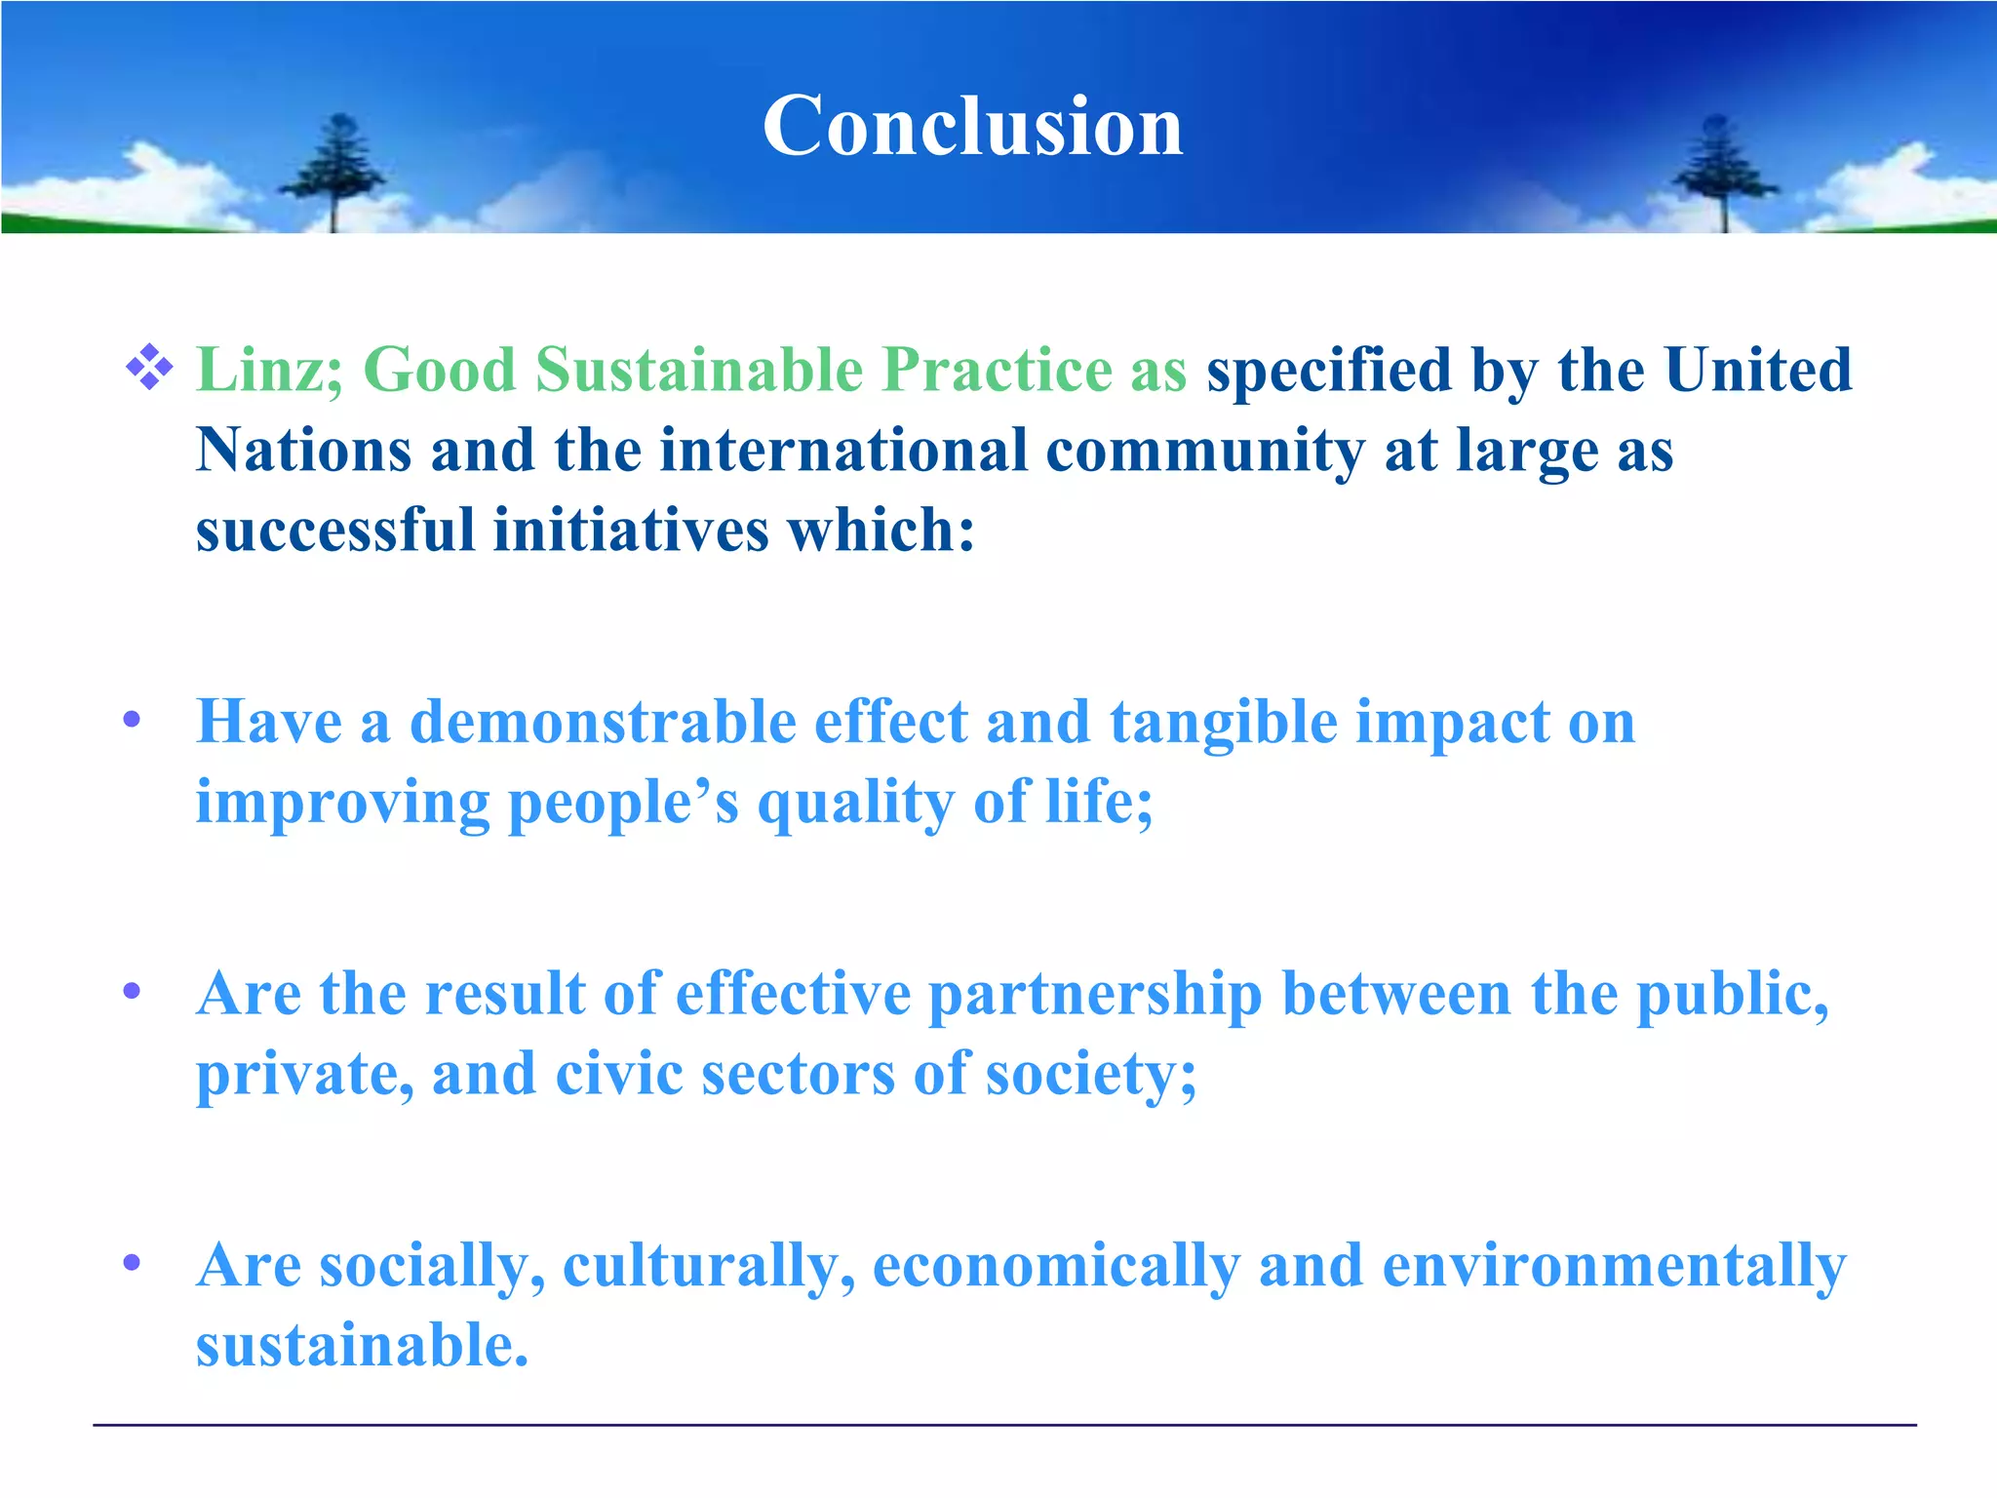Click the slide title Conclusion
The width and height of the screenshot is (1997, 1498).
point(972,127)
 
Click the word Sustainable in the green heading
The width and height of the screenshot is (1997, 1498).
point(699,371)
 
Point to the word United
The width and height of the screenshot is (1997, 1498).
point(1758,371)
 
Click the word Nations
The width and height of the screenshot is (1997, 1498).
point(303,451)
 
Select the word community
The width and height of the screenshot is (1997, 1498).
point(1205,451)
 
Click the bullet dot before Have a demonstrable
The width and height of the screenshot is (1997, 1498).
point(133,721)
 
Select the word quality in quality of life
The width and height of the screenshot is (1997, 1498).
point(855,803)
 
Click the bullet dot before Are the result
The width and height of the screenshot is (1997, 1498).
point(133,992)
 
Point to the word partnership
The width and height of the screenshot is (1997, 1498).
point(1094,995)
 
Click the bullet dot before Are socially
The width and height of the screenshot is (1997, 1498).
point(133,1264)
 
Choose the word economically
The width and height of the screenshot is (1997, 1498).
point(1056,1266)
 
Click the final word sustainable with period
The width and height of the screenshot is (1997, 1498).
point(362,1346)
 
